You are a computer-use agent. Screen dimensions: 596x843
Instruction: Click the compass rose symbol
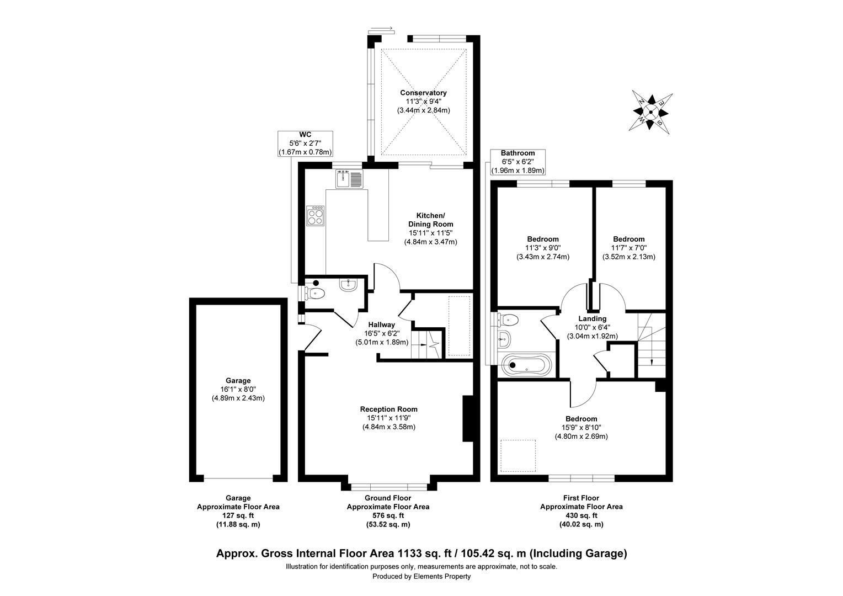tap(650, 112)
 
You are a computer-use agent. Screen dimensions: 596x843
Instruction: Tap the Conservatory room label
tap(423, 93)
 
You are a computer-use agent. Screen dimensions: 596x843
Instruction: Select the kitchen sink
tap(349, 179)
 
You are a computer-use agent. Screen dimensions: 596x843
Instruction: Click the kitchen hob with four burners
tap(316, 215)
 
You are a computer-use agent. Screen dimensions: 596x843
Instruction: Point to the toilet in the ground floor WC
tap(315, 292)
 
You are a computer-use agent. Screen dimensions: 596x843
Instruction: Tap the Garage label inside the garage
tap(238, 380)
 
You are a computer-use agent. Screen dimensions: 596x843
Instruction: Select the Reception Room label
tap(388, 409)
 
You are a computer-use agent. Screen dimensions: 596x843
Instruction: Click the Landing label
tap(592, 318)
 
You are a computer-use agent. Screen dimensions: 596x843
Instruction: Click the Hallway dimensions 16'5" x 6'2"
tap(382, 333)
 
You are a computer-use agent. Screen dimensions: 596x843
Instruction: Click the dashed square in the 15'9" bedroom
tap(518, 455)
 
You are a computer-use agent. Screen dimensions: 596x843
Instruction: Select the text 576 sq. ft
tap(387, 515)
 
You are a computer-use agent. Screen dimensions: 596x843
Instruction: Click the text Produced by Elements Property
tap(421, 577)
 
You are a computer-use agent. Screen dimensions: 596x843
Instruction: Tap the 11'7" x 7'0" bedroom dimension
tap(628, 248)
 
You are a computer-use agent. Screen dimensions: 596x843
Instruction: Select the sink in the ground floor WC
tap(348, 285)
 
